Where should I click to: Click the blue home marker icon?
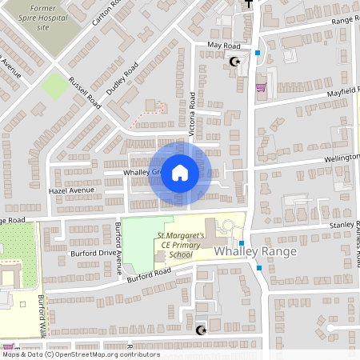[x=180, y=173]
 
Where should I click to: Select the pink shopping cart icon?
[x=260, y=87]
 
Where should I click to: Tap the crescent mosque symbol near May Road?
[x=234, y=62]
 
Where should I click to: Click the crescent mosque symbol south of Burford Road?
[x=200, y=330]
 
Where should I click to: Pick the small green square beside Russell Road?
[x=54, y=86]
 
